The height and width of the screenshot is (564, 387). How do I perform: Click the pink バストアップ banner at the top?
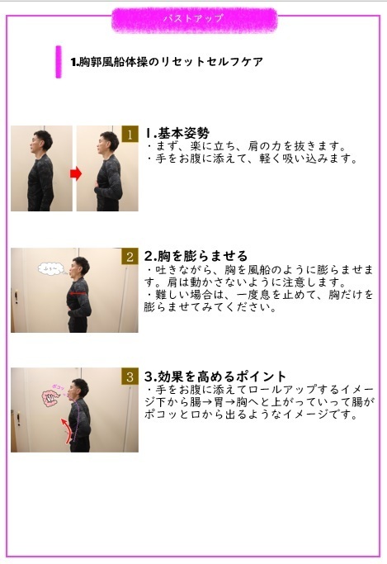click(x=194, y=18)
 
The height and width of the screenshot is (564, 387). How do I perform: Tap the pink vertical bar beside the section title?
click(x=59, y=61)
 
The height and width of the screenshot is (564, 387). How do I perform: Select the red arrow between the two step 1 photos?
click(x=74, y=173)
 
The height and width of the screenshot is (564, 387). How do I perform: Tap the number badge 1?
click(x=130, y=135)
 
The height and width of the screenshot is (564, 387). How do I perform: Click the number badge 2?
click(x=130, y=257)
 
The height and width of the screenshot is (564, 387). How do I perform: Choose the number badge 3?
click(x=130, y=377)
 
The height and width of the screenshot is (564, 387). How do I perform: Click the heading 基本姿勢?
click(x=177, y=132)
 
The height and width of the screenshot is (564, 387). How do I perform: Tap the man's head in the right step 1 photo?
click(x=102, y=143)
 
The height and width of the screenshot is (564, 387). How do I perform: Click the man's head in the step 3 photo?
click(x=79, y=388)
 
